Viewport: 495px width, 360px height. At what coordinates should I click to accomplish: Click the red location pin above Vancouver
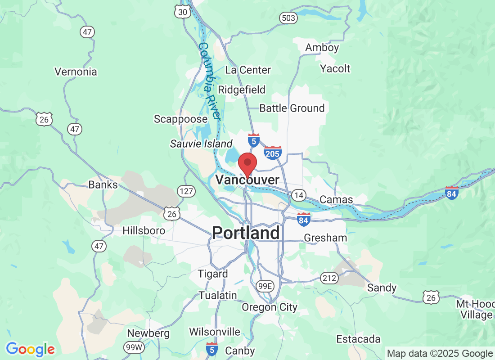pos(247,163)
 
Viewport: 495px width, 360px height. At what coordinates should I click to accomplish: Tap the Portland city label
pos(246,233)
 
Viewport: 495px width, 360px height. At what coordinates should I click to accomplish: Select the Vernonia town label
pos(76,72)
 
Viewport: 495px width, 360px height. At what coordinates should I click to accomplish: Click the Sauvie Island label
pos(201,144)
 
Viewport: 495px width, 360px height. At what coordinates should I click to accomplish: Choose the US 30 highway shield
pos(183,12)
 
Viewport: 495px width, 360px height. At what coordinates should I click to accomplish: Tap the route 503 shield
pos(288,18)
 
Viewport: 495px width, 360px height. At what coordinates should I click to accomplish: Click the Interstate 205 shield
pos(273,153)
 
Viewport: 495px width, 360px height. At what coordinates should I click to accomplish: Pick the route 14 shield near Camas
pos(298,195)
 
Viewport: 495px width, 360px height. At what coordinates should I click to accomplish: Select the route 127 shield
pos(186,191)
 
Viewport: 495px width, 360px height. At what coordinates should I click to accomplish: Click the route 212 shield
pos(329,278)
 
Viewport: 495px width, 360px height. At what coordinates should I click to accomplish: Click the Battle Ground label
pos(292,108)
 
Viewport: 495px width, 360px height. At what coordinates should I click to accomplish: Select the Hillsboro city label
pos(144,230)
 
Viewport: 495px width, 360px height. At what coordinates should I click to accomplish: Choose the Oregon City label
pos(270,307)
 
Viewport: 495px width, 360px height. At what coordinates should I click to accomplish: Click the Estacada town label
pos(358,339)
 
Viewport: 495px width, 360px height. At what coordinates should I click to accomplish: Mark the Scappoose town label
pos(180,119)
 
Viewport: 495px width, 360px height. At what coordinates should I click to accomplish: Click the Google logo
pos(30,349)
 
